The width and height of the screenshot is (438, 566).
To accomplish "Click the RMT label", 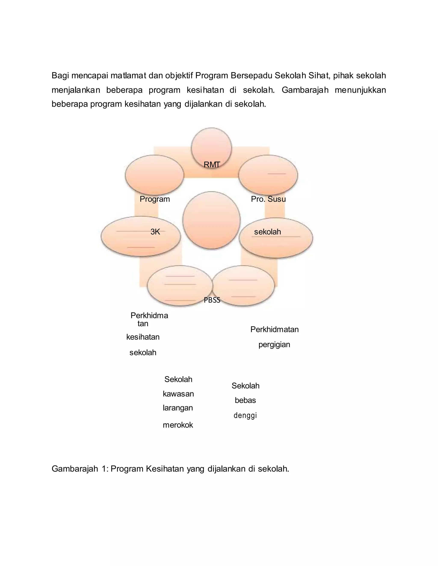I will pyautogui.click(x=212, y=164).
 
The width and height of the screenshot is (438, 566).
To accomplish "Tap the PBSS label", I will pyautogui.click(x=212, y=300).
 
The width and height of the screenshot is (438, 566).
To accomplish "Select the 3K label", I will pyautogui.click(x=155, y=232).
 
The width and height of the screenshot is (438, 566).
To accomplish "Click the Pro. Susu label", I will pyautogui.click(x=268, y=199).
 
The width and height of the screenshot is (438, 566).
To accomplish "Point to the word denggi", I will pyautogui.click(x=245, y=415).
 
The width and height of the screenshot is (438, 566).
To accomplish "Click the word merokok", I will pyautogui.click(x=178, y=425).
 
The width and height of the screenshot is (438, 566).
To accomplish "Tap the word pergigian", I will pyautogui.click(x=274, y=345).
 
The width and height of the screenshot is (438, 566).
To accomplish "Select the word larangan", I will pyautogui.click(x=178, y=408).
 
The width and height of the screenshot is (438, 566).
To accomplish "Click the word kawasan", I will pyautogui.click(x=178, y=394).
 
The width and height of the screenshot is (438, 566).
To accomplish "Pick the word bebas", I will pyautogui.click(x=245, y=400).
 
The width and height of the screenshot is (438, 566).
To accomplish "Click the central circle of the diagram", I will pyautogui.click(x=211, y=220).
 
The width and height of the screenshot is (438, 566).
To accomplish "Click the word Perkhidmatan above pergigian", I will pyautogui.click(x=275, y=330).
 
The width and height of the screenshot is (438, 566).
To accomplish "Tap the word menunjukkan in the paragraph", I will pyautogui.click(x=360, y=90).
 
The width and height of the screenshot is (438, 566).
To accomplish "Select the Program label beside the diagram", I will pyautogui.click(x=155, y=199).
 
